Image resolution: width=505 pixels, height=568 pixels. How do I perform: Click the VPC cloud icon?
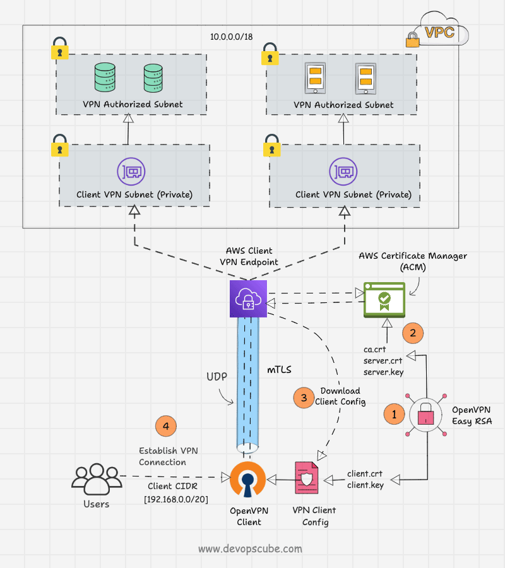click(442, 33)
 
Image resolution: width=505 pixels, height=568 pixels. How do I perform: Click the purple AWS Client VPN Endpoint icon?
click(248, 299)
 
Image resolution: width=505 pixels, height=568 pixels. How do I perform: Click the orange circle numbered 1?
click(395, 415)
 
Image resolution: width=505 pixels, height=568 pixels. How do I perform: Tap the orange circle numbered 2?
click(412, 333)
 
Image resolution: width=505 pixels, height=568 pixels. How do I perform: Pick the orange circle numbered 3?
click(304, 397)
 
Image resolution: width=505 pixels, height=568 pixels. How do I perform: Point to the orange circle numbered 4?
click(166, 427)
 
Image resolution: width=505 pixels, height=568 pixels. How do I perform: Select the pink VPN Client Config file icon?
click(306, 481)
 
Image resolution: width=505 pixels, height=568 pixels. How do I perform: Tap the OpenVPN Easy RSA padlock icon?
click(426, 415)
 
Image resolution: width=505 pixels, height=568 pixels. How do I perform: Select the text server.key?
click(384, 372)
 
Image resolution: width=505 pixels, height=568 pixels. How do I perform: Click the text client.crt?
click(365, 473)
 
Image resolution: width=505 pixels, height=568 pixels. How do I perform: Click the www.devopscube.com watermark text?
click(250, 548)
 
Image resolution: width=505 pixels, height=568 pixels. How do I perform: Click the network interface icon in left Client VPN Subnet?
click(131, 171)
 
